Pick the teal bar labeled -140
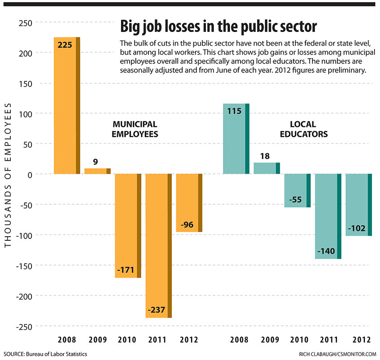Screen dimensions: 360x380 (328, 216)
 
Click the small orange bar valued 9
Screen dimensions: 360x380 (97, 171)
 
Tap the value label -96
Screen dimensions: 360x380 (187, 225)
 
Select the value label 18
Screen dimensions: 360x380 (264, 156)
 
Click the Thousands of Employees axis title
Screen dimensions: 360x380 (8, 174)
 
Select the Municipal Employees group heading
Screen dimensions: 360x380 (135, 129)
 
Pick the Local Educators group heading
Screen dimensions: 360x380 (303, 129)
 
